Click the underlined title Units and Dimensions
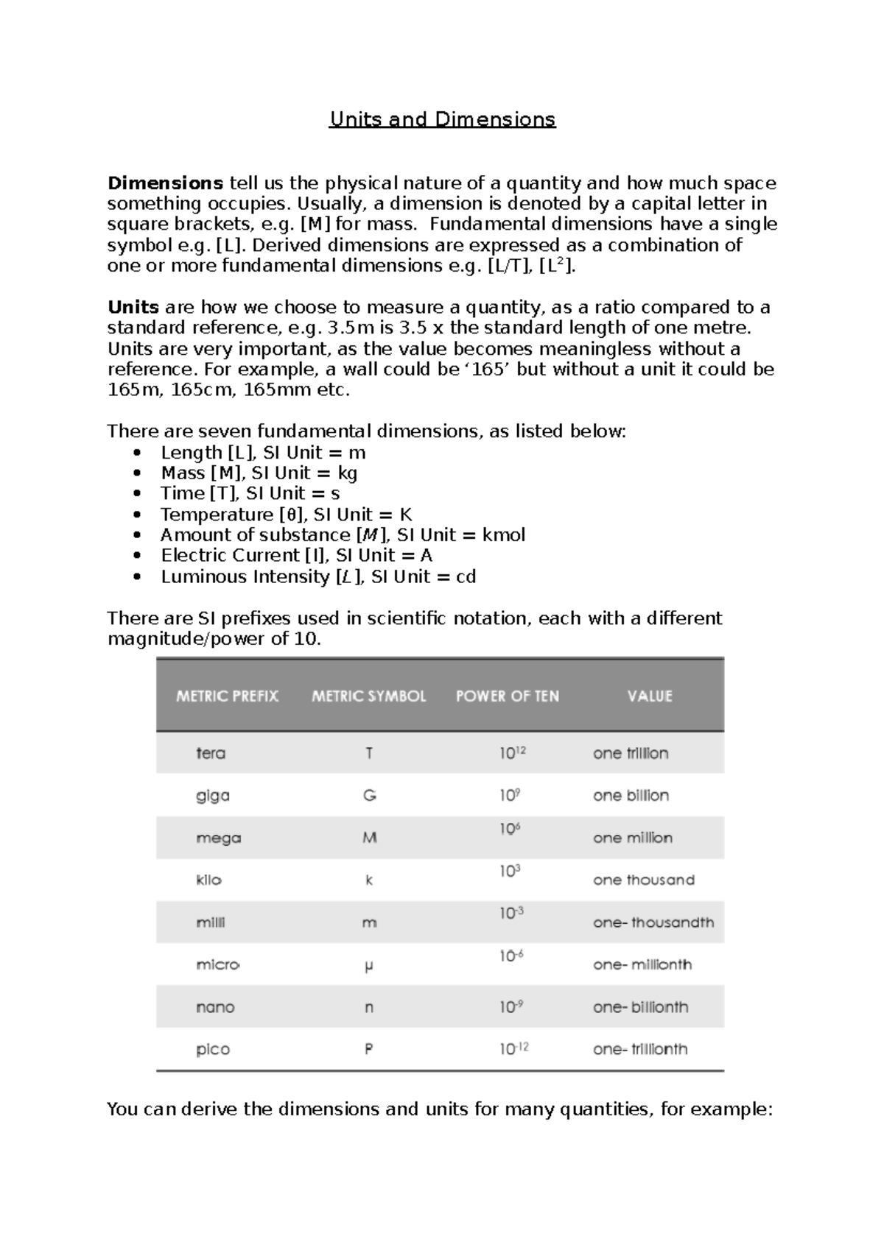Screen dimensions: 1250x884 [442, 119]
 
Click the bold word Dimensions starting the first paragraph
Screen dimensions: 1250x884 [165, 183]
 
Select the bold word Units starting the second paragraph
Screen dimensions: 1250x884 [133, 307]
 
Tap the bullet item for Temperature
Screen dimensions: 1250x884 [286, 515]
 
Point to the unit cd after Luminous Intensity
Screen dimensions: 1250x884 [466, 576]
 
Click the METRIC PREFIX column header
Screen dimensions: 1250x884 [227, 696]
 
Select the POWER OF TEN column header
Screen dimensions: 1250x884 [507, 696]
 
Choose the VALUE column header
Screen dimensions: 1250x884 [649, 696]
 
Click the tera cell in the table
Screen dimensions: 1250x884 [211, 754]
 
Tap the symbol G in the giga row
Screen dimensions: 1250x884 [369, 796]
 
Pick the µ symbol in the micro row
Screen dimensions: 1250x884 [368, 966]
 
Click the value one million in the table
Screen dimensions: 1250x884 [632, 838]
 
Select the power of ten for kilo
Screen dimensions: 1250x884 [510, 872]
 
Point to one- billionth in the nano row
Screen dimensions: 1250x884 [640, 1007]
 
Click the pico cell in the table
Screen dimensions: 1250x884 [213, 1050]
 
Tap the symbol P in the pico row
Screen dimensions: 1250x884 [368, 1050]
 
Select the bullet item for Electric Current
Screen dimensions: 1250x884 [296, 556]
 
